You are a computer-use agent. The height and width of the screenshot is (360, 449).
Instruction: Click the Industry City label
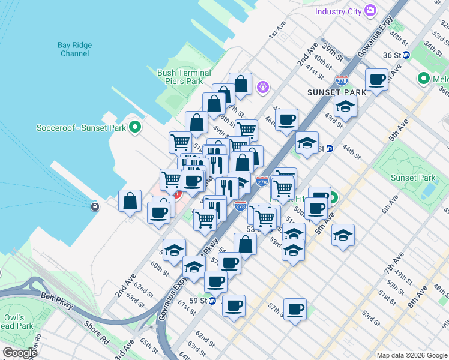(338, 11)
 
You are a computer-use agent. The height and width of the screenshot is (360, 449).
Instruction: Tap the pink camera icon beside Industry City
(370, 10)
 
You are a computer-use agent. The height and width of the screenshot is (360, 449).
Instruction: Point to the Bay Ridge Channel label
(75, 49)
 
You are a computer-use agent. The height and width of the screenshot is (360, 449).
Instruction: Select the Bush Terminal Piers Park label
(184, 77)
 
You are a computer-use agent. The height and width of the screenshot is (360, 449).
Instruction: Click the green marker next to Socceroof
(136, 127)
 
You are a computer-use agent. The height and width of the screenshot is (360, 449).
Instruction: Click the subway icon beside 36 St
(406, 55)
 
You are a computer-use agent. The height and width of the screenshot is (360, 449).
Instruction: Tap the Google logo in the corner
(19, 353)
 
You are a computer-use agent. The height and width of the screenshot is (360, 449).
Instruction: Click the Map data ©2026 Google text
(411, 355)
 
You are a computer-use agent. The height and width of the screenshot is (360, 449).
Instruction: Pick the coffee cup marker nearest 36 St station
(377, 79)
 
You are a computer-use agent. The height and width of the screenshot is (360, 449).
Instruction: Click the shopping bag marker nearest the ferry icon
(130, 201)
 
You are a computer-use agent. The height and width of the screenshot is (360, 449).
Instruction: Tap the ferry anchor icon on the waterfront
(95, 207)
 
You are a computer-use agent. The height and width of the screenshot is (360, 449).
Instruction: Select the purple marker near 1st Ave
(262, 88)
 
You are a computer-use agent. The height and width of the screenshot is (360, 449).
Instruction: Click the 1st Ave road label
(276, 33)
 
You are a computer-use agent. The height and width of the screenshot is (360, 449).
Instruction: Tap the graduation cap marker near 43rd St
(345, 106)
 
